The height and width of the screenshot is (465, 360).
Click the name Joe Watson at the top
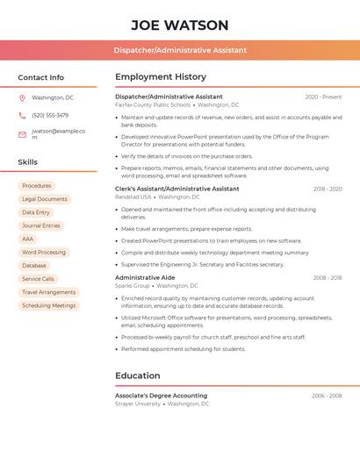pyautogui.click(x=180, y=25)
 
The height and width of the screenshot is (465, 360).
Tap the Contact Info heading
pyautogui.click(x=40, y=77)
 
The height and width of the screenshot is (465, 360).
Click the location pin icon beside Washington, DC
pyautogui.click(x=22, y=97)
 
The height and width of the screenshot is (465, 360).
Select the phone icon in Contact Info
pyautogui.click(x=22, y=115)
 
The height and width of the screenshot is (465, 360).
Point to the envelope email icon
pyautogui.click(x=22, y=134)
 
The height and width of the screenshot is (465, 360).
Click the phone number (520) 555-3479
pyautogui.click(x=50, y=115)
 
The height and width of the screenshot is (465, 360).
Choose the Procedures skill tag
pyautogui.click(x=37, y=186)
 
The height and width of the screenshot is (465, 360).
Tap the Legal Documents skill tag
pyautogui.click(x=45, y=199)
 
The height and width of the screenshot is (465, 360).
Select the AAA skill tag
pyautogui.click(x=28, y=239)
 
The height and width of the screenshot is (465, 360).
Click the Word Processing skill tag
pyautogui.click(x=44, y=253)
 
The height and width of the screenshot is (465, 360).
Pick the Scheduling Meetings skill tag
pyautogui.click(x=49, y=305)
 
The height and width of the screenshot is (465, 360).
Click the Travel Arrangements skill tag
pyautogui.click(x=49, y=292)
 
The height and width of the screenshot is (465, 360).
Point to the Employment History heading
pyautogui.click(x=160, y=77)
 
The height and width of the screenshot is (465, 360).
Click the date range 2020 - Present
pyautogui.click(x=323, y=97)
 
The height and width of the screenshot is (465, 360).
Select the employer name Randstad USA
pyautogui.click(x=133, y=197)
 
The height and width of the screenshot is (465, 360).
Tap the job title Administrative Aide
pyautogui.click(x=144, y=277)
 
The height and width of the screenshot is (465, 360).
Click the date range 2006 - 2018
pyautogui.click(x=327, y=277)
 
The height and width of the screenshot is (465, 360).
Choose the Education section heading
pyautogui.click(x=137, y=376)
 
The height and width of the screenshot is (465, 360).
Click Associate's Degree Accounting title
pyautogui.click(x=161, y=396)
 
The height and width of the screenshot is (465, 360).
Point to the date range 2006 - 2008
pyautogui.click(x=327, y=396)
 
